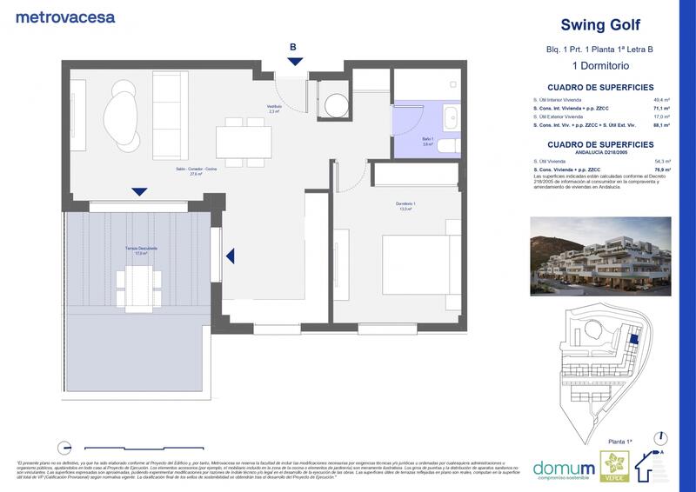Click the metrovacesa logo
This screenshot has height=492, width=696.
(x=65, y=16)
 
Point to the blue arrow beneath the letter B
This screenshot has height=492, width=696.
(x=295, y=61)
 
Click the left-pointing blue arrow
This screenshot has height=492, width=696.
(x=231, y=256)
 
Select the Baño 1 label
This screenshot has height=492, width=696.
(x=427, y=141)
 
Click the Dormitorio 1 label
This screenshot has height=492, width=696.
(x=401, y=206)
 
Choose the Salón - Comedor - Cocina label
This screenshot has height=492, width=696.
(x=180, y=173)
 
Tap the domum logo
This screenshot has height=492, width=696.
(x=563, y=466)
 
